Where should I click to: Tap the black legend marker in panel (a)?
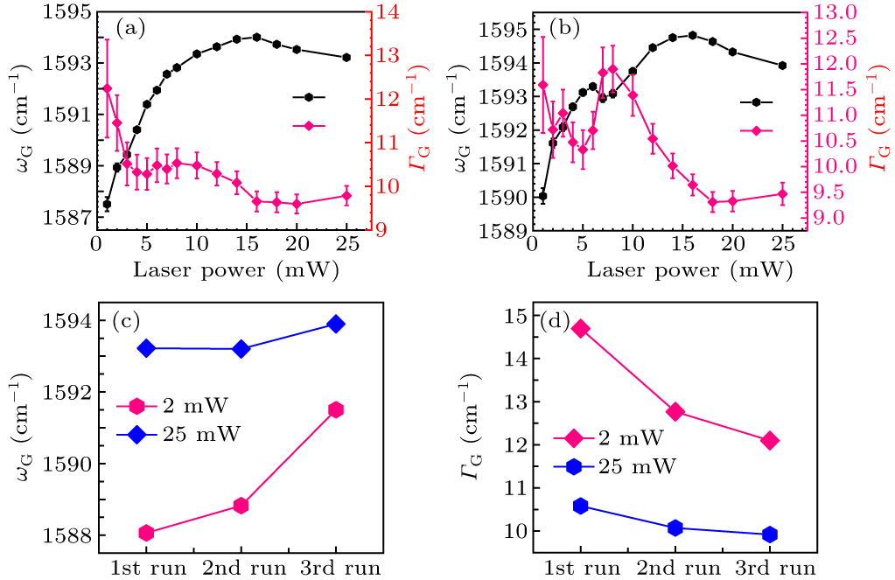click(x=309, y=97)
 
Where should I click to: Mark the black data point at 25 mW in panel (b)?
click(x=782, y=66)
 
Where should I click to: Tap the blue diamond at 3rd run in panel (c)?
click(x=335, y=324)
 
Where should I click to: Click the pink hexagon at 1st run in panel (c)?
click(x=146, y=533)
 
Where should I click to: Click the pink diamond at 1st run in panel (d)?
click(x=580, y=329)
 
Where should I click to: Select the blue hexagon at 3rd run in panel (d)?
click(x=770, y=535)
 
